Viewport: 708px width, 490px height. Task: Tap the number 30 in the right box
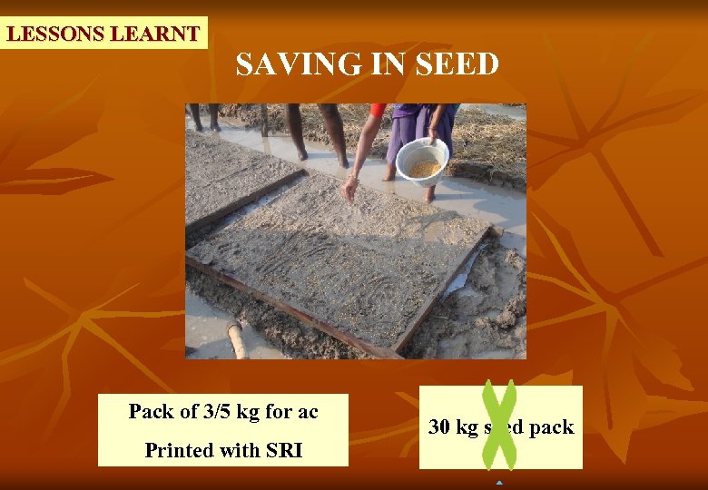439,427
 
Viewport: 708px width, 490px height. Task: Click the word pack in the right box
552,427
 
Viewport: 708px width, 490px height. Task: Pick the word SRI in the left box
284,450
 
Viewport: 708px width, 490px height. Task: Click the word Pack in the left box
150,411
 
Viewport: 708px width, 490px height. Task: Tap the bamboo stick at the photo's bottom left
238,340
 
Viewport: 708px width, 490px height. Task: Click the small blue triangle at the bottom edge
499,483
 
